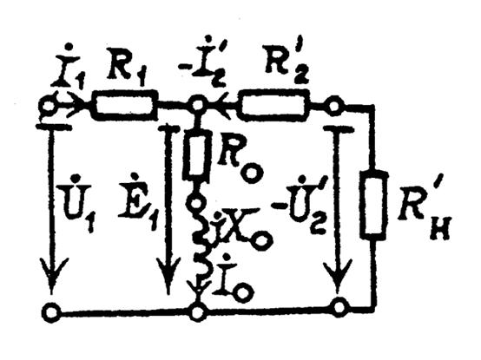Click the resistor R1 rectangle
(x=124, y=105)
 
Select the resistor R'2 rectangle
(x=273, y=105)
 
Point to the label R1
(x=127, y=74)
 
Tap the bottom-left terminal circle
(x=51, y=312)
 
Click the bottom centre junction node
(x=197, y=313)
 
